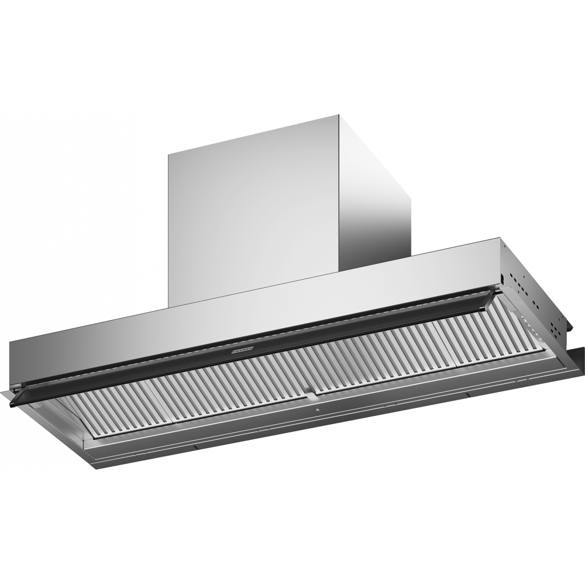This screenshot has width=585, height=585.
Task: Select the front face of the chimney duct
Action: [x=252, y=211]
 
